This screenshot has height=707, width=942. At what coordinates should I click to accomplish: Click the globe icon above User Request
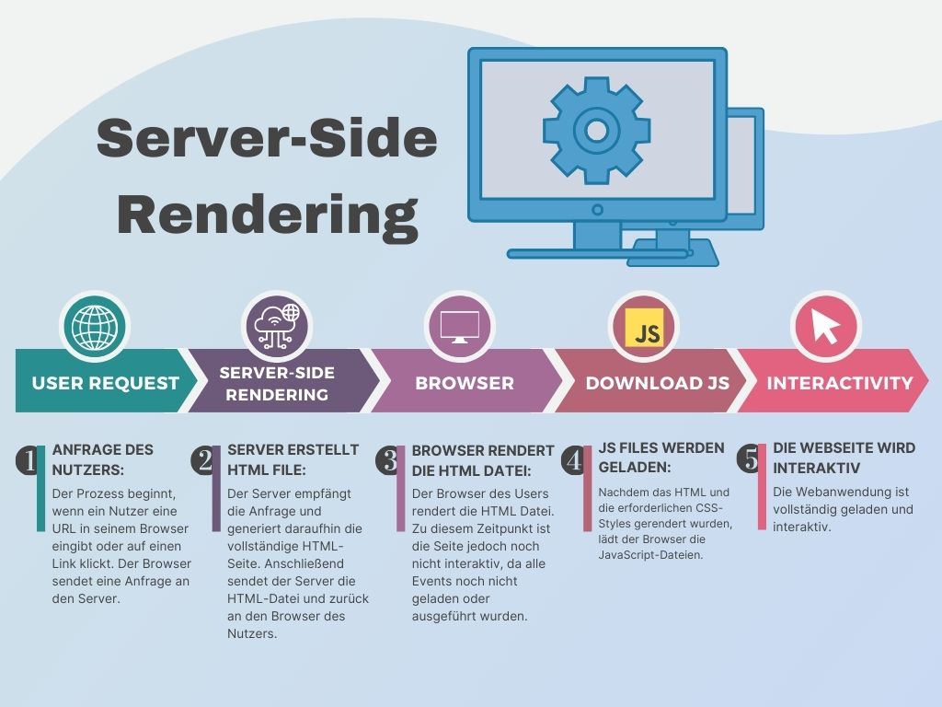pos(95,327)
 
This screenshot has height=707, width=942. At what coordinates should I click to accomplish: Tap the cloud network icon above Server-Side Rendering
pos(276,327)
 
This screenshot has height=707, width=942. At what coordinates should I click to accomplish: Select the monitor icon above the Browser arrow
pos(460,327)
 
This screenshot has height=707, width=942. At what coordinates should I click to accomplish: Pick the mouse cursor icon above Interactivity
pos(825,327)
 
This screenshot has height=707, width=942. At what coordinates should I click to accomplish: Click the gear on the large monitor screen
pos(596,130)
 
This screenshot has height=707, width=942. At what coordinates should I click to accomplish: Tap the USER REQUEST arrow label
pos(106,383)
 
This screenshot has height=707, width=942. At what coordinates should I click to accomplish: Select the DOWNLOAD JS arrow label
pos(658,383)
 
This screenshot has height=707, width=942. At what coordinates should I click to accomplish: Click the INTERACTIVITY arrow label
pos(840,383)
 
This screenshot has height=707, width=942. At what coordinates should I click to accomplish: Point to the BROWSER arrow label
pos(465,383)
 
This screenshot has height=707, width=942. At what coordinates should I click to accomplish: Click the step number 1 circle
pos(29,460)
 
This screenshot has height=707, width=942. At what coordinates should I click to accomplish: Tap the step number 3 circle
pos(386,460)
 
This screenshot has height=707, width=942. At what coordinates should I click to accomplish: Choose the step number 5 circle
pos(750,458)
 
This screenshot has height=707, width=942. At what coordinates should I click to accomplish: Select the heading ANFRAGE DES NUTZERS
pos(102,459)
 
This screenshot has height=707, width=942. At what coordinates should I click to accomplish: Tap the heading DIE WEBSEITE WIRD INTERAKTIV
pos(844,458)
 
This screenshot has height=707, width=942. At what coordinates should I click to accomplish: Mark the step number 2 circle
pos(204,460)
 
